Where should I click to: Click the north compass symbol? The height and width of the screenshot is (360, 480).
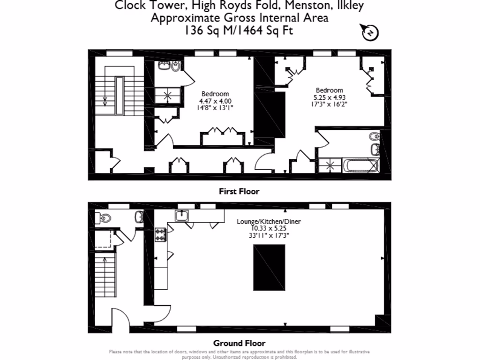coord(370,33)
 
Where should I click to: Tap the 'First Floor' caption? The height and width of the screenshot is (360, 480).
coord(239,191)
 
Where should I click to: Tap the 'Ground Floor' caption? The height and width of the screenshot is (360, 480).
coord(239,343)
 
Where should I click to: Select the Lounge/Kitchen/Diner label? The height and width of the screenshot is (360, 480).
coord(269,222)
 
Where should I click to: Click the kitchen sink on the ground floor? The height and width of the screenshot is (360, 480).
coord(182,215)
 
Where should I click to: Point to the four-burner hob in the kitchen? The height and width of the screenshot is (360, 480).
coord(161,234)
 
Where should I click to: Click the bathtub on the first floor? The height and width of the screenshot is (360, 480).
coord(360,165)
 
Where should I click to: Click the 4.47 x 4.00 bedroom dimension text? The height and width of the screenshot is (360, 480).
coord(216,101)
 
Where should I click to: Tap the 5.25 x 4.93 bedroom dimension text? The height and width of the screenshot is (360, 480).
coord(329,97)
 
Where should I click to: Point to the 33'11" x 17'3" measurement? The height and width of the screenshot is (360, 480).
coord(269,236)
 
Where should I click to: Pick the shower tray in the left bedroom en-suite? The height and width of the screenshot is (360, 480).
coord(167,96)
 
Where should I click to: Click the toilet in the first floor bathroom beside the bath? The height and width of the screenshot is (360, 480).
coord(374,136)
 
